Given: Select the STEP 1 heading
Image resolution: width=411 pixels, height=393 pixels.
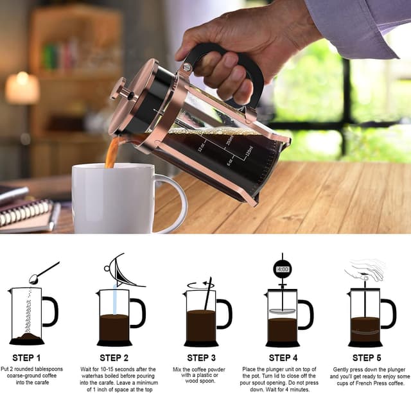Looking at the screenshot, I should click(26, 358).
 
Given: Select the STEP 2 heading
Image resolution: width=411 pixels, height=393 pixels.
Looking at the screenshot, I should click(114, 358).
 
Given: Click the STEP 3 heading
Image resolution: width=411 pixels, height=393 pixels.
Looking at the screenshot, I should click(202, 358).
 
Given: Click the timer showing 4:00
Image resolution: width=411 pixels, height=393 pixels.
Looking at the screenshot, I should click(282, 268).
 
